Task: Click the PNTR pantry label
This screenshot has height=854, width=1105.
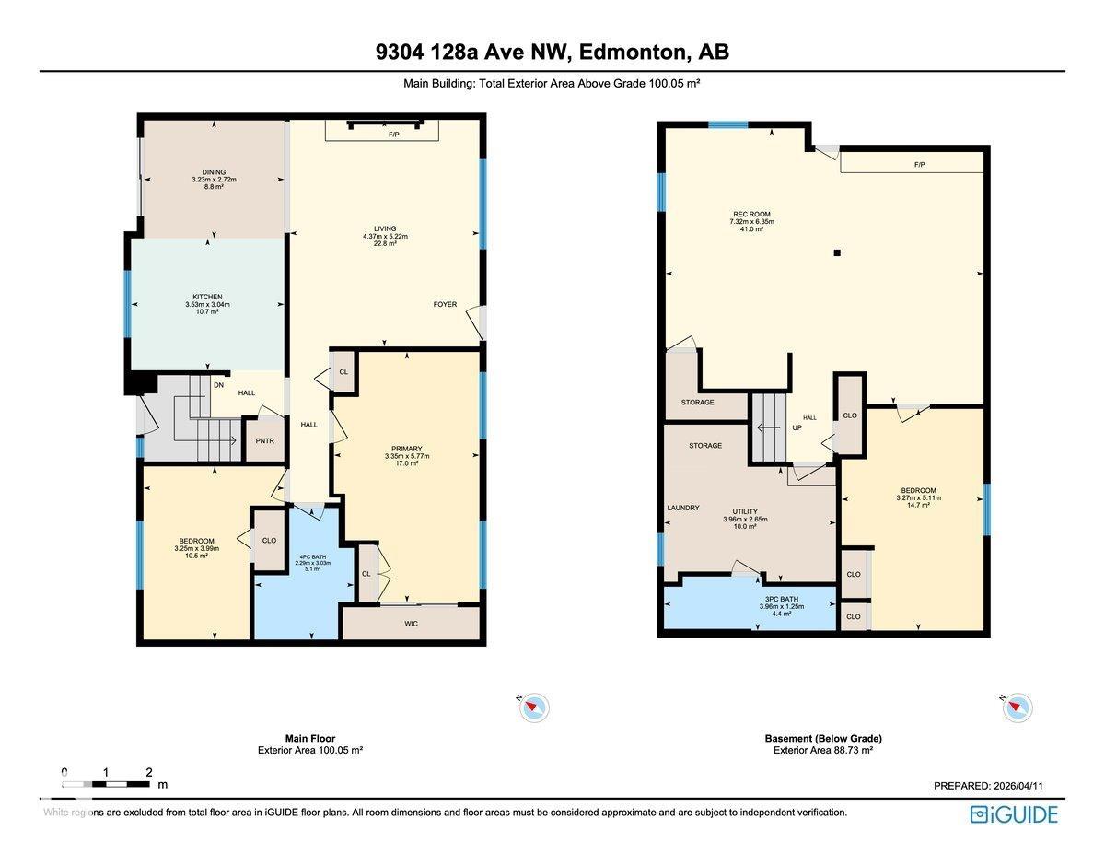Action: pos(264,441)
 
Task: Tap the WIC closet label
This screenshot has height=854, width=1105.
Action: pos(411,624)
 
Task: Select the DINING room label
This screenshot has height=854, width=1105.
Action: pos(214,172)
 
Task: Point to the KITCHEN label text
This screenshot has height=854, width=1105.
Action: pos(207,297)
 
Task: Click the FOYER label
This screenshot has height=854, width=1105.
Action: pos(445,304)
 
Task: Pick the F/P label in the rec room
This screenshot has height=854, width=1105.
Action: pos(919,165)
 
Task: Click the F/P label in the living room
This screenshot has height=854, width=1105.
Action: pos(393,135)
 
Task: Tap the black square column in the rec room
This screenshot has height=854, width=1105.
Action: pos(837,252)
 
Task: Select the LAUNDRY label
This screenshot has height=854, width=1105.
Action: pos(683,508)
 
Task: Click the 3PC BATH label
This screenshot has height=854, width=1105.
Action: pos(782,599)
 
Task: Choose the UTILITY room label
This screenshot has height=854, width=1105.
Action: pos(745,511)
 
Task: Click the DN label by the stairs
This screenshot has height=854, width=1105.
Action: pos(218,385)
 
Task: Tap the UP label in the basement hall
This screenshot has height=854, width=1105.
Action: pos(797,427)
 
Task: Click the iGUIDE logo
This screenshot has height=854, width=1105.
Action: pos(1014,814)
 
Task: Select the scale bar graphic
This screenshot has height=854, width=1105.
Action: pos(106,784)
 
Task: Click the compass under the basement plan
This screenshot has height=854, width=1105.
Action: pos(1018,707)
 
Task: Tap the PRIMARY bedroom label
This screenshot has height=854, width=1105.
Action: pos(407,449)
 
